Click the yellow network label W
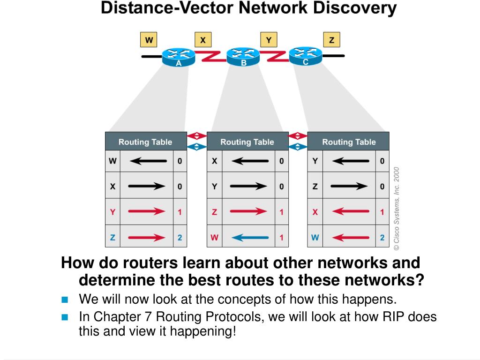click(149, 40)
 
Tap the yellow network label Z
click(331, 40)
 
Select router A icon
click(179, 57)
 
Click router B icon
click(243, 56)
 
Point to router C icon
click(305, 55)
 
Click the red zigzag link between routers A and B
click(210, 57)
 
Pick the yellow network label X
click(202, 40)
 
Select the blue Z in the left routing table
click(112, 238)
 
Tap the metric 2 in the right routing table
click(382, 238)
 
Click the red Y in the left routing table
click(112, 212)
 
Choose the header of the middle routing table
click(247, 142)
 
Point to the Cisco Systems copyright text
click(397, 208)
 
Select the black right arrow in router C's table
click(349, 187)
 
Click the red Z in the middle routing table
click(214, 212)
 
